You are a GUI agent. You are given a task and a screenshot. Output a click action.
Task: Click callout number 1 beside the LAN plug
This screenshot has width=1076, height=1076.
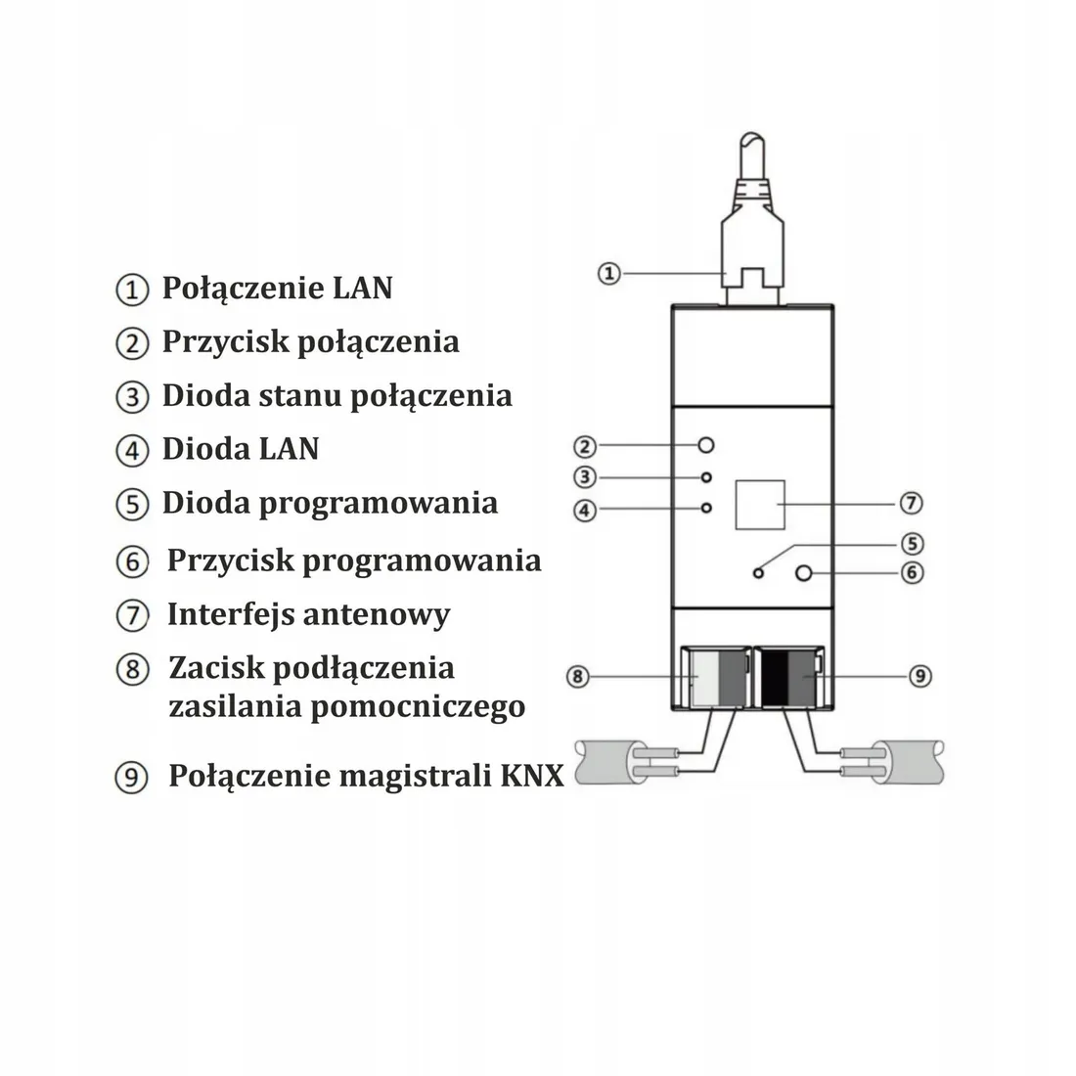point(608,273)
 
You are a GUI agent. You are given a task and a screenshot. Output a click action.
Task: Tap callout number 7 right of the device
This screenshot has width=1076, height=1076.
point(910,503)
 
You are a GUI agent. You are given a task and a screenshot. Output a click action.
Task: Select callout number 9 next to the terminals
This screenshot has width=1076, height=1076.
point(920,675)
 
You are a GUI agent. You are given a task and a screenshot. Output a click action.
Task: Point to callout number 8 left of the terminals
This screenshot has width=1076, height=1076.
point(578,676)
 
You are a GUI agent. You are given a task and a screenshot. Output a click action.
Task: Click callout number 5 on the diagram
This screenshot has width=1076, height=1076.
point(912,543)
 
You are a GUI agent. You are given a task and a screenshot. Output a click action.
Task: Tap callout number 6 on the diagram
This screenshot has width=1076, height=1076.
point(912,572)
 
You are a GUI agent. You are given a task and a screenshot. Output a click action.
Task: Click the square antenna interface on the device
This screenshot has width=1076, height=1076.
point(760,504)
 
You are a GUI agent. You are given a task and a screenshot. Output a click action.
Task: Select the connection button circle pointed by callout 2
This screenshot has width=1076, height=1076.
point(706,446)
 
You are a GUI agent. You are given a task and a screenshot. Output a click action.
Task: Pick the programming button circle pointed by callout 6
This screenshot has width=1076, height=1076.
point(804,573)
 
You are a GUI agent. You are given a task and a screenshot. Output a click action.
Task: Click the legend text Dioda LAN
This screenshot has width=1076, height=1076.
point(241,448)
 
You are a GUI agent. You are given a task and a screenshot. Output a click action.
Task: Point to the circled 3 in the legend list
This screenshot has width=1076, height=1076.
point(131,396)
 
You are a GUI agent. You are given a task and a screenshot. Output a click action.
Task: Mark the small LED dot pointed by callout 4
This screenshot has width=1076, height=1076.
point(706,509)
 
